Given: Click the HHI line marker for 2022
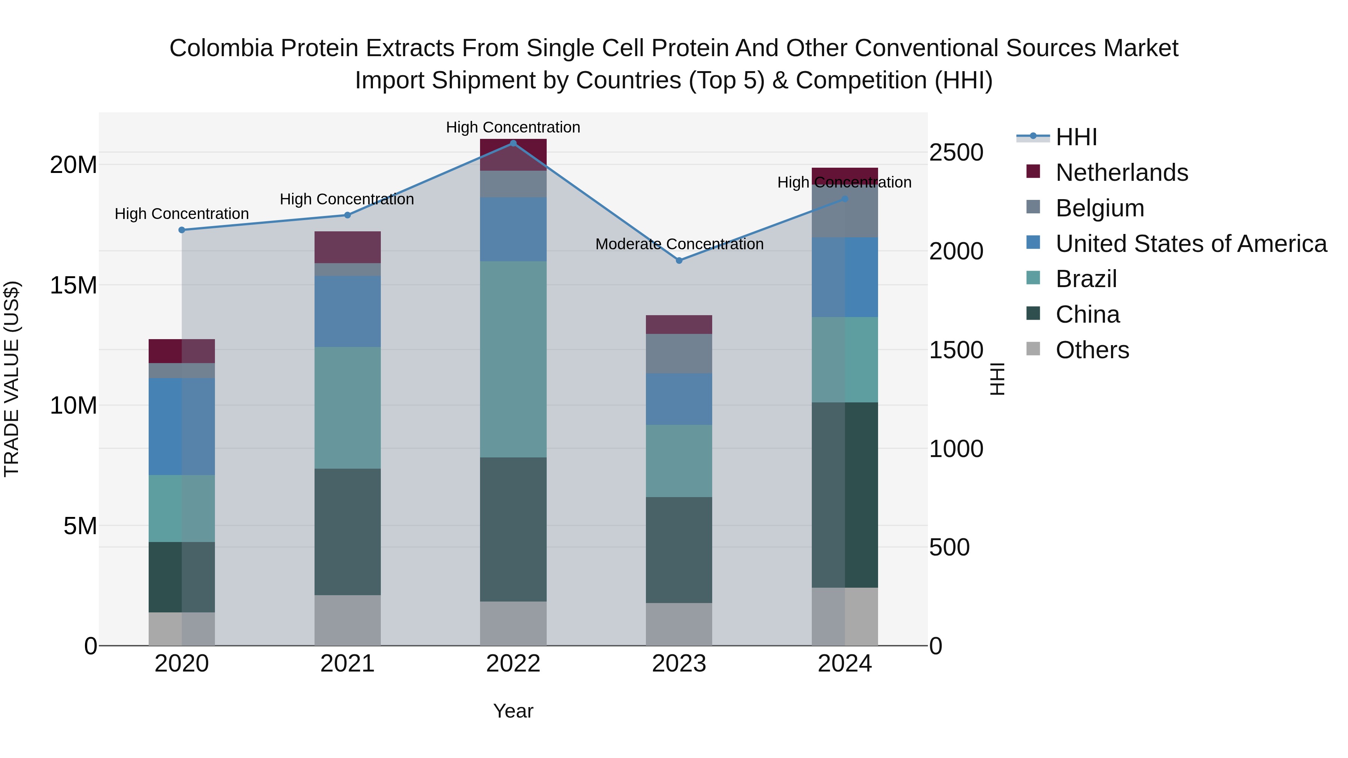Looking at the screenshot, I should (513, 143).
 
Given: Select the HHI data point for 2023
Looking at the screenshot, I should (679, 261).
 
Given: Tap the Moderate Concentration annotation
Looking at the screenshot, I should (679, 244).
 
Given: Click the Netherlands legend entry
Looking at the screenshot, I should (1121, 173).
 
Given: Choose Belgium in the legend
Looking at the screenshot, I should (1099, 208).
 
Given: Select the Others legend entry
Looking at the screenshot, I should (1092, 350).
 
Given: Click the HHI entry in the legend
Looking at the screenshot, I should (1076, 137).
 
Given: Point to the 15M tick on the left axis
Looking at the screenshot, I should (73, 286).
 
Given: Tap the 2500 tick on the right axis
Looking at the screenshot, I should (956, 153).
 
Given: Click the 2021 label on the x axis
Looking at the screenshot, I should (347, 664).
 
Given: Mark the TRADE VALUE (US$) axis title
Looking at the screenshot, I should (12, 379).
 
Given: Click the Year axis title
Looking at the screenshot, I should (513, 711).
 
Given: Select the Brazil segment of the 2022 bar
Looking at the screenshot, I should (513, 359).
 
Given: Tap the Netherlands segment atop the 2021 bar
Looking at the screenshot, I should (347, 247).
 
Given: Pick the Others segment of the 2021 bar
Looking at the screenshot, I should (347, 620).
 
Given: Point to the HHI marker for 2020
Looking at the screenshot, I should (182, 230).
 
